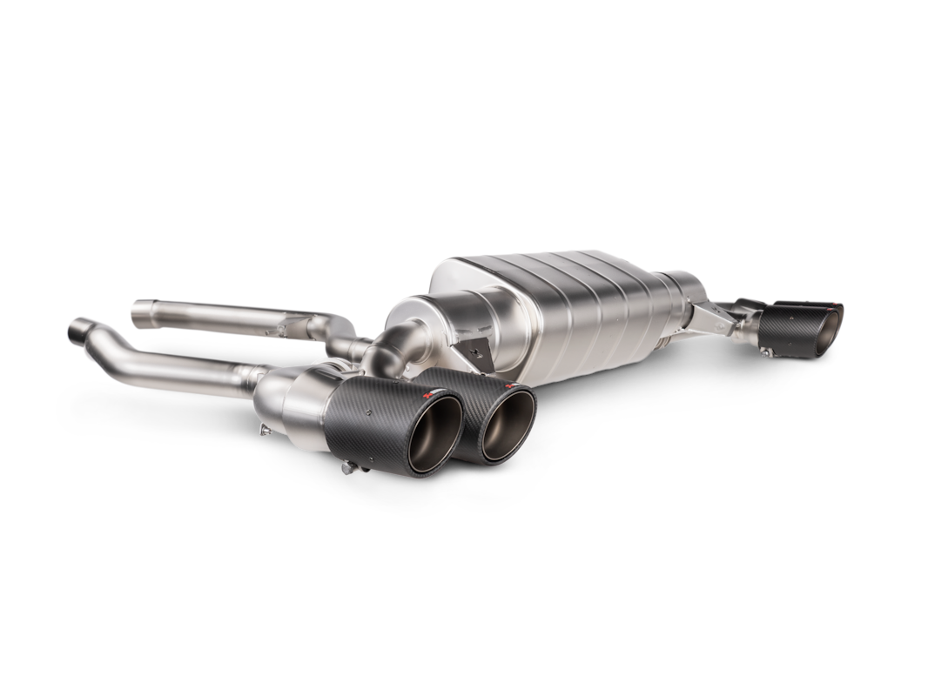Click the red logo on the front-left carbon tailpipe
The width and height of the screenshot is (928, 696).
427,396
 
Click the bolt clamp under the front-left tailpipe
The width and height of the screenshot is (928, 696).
350,470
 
